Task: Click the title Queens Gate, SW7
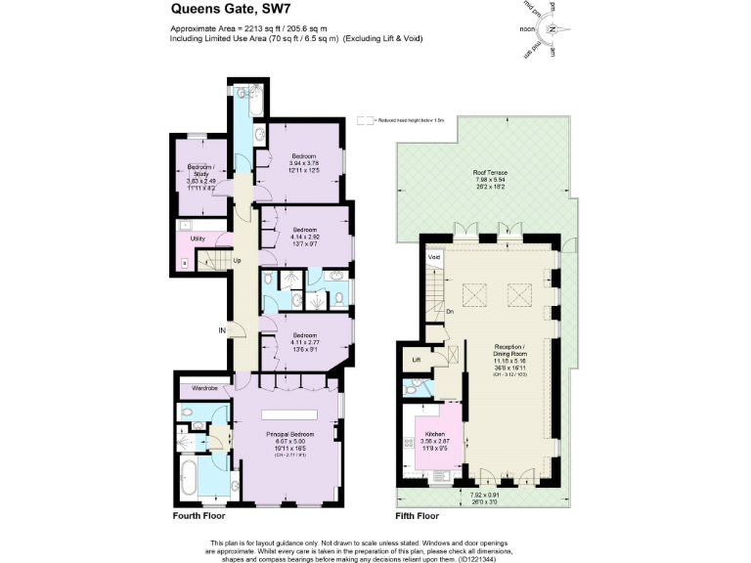(x=216, y=11)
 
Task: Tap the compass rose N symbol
(x=553, y=29)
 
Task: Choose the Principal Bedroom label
(x=290, y=433)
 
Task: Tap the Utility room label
(x=198, y=238)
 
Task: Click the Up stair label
(x=237, y=261)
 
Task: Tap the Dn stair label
(x=450, y=313)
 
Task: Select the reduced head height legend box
(x=366, y=120)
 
